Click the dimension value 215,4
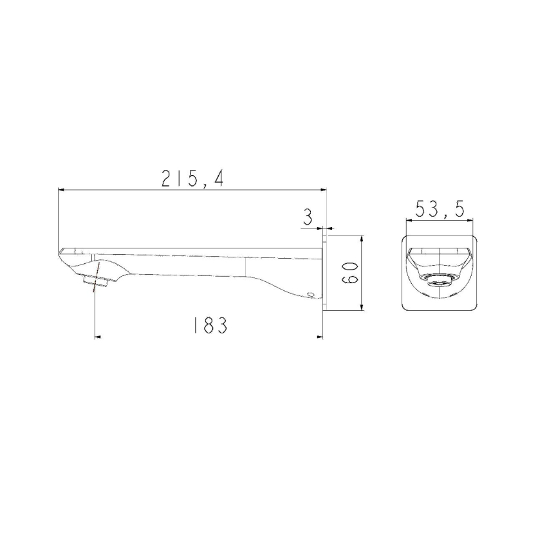click(192, 178)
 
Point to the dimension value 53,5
click(440, 209)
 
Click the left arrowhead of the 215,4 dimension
click(61, 190)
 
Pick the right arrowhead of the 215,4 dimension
click(324, 190)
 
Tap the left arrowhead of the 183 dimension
click(98, 336)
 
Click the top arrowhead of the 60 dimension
click(362, 239)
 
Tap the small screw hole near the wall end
click(312, 295)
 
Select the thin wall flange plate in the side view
click(324, 273)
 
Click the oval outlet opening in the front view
click(440, 281)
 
